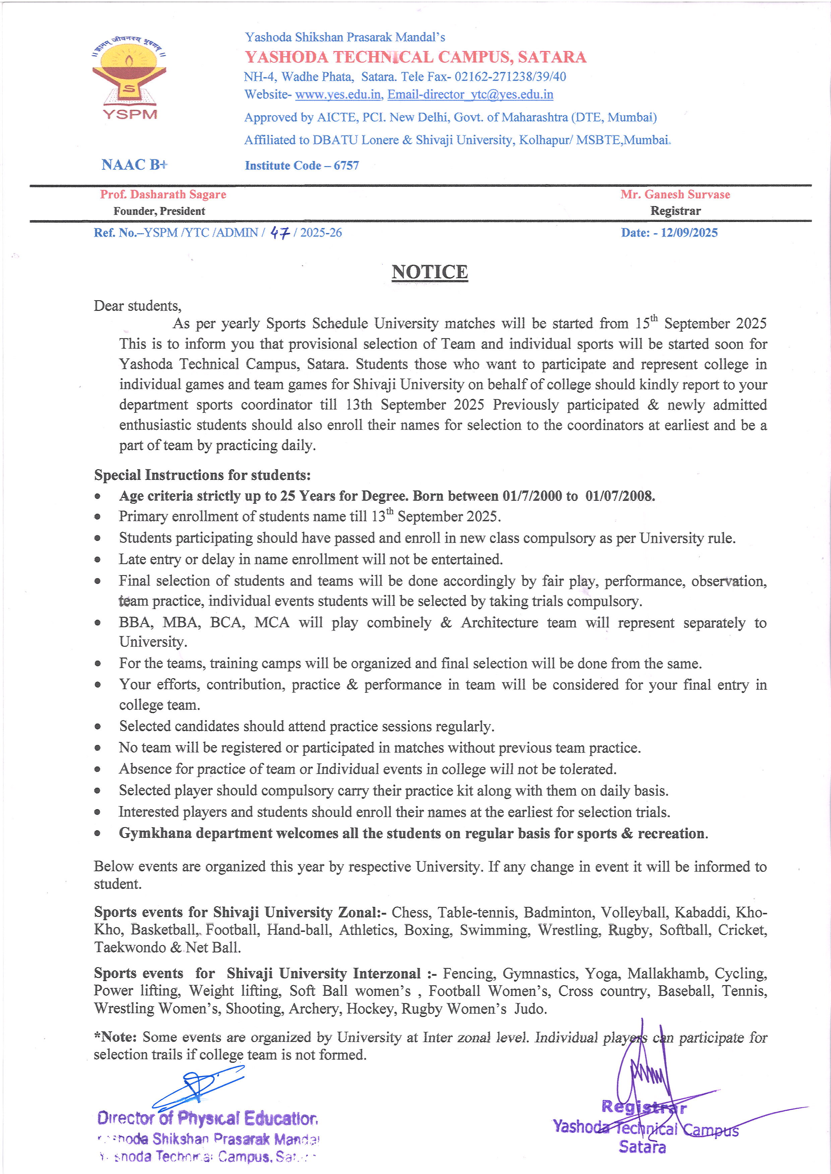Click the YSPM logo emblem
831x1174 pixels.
[129, 77]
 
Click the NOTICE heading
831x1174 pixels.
[429, 272]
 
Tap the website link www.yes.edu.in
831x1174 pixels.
[338, 95]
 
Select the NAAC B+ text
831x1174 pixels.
[134, 165]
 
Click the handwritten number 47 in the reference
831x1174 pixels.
[280, 233]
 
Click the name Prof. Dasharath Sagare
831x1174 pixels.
[163, 194]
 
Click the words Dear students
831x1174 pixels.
[137, 306]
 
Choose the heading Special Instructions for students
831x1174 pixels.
[202, 475]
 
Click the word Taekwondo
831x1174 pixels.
[130, 947]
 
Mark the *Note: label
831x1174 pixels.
[115, 1037]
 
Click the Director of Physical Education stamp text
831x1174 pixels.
[207, 1118]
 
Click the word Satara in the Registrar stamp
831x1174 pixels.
[642, 1147]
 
